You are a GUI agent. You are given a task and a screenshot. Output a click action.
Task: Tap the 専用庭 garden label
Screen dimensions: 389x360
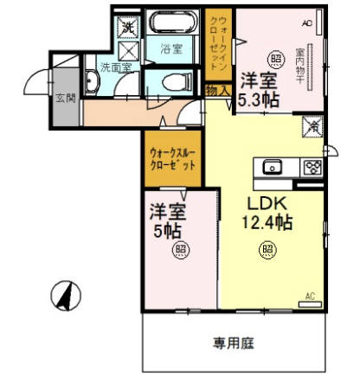click(x=235, y=342)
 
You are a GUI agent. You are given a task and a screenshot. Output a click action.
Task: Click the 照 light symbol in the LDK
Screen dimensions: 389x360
click(x=267, y=250)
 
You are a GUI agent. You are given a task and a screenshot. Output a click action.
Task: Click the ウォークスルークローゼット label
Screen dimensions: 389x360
click(x=174, y=157)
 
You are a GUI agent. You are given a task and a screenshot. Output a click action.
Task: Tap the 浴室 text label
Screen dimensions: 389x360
click(x=171, y=50)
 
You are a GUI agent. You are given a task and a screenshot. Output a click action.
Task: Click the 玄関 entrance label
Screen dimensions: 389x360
click(x=66, y=98)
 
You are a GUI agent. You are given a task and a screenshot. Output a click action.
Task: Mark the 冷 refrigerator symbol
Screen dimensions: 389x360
click(x=310, y=128)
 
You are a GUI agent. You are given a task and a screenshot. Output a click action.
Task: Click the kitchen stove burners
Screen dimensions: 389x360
click(x=312, y=167)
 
